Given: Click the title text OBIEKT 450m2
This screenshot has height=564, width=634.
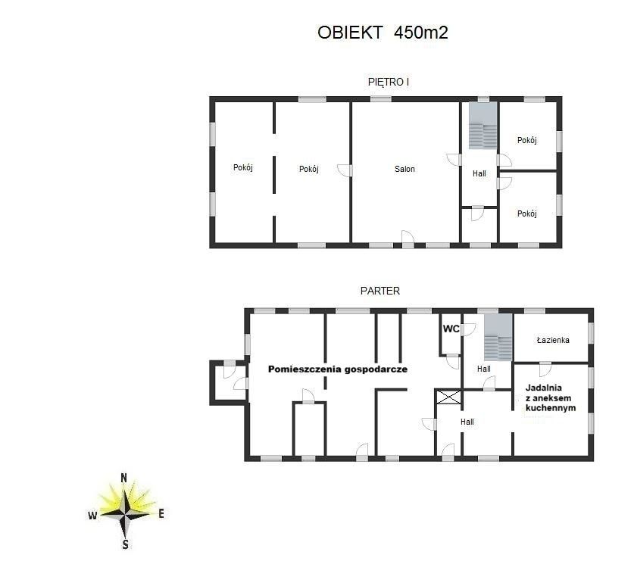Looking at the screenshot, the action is (383, 33).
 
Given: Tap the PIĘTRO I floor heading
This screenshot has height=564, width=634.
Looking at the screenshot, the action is (388, 82).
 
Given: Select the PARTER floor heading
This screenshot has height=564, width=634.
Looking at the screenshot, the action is (380, 291).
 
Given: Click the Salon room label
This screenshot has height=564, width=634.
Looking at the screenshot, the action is (404, 169).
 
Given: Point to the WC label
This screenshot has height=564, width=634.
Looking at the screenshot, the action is (451, 329).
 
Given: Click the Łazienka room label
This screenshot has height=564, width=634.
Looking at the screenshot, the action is (553, 340).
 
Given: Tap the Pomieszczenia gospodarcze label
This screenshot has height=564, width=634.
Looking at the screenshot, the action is (338, 369).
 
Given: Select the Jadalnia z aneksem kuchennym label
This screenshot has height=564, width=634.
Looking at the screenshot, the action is (551, 397).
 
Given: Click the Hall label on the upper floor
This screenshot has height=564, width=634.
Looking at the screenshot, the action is (479, 173).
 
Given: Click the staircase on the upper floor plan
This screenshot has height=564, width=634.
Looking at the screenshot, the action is (483, 125).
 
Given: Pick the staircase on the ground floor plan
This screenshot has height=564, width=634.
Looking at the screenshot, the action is (498, 337).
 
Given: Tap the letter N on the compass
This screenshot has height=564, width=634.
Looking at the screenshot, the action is (124, 478).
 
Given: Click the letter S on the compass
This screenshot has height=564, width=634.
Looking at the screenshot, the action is (125, 544).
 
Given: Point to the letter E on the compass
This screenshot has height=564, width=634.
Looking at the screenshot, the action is (161, 513).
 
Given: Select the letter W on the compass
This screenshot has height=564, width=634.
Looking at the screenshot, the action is (92, 516).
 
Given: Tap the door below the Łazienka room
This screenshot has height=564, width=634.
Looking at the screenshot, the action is (545, 369).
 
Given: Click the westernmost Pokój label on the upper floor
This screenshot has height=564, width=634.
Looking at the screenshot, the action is (243, 167).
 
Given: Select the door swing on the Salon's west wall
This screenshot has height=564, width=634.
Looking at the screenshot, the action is (345, 170).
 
